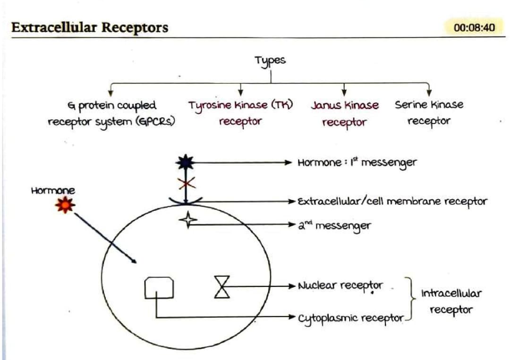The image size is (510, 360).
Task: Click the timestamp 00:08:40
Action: point(474,27)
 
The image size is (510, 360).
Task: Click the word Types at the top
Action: point(270,60)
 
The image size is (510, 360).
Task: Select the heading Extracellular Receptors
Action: point(90,27)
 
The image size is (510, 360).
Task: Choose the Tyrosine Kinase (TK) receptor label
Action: point(241,113)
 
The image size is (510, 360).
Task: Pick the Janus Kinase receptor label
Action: point(345,113)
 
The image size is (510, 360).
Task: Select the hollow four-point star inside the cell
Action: point(187,220)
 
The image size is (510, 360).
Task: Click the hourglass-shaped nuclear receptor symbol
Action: point(221,286)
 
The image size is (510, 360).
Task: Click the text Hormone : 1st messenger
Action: point(357,163)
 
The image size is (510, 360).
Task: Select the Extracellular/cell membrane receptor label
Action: point(392,202)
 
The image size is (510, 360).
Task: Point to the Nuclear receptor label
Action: point(340,286)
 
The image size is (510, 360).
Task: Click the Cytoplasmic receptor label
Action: point(351,318)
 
